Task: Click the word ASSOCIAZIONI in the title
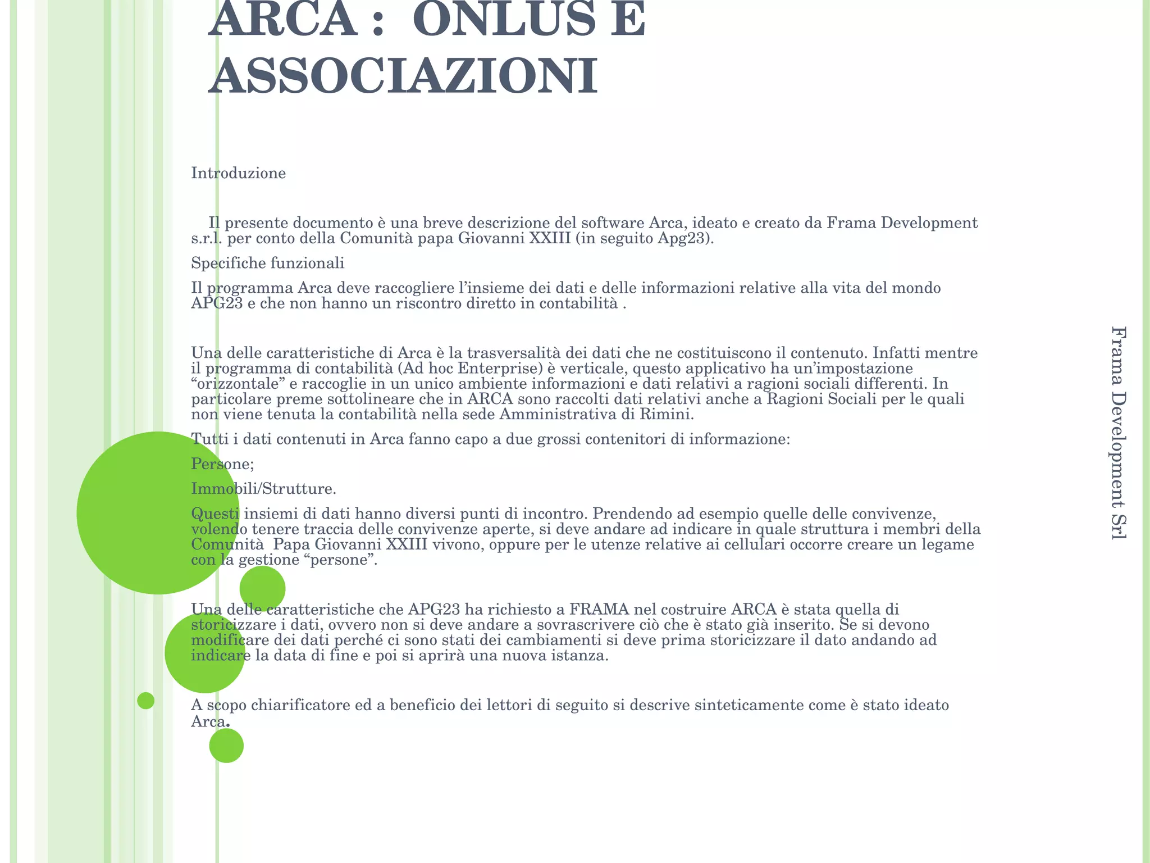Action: click(x=403, y=76)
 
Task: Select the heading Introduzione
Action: click(x=238, y=173)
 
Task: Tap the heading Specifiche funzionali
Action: click(x=267, y=263)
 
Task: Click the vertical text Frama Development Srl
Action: click(x=1119, y=433)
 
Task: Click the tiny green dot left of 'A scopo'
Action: click(x=145, y=701)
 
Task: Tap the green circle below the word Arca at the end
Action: click(x=226, y=746)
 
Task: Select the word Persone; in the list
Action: click(x=222, y=464)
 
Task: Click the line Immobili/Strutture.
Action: click(x=263, y=489)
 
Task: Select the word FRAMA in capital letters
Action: click(x=600, y=610)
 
